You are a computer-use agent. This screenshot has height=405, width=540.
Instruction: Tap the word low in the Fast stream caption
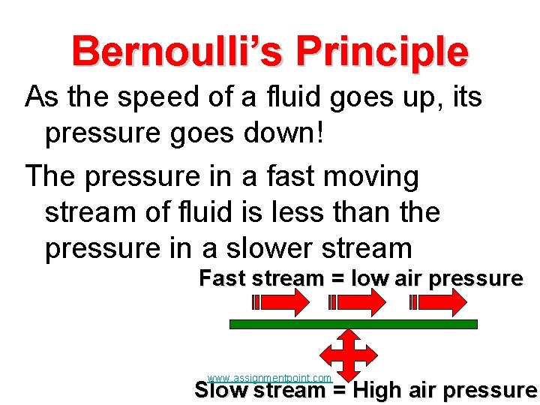pyautogui.click(x=369, y=279)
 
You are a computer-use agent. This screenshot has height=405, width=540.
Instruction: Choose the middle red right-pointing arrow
pyautogui.click(x=358, y=302)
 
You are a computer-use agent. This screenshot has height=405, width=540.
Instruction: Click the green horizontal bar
pyautogui.click(x=353, y=325)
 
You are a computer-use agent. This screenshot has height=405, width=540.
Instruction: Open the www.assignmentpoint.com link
pyautogui.click(x=269, y=378)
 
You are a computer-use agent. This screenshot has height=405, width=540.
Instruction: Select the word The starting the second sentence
pyautogui.click(x=51, y=177)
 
